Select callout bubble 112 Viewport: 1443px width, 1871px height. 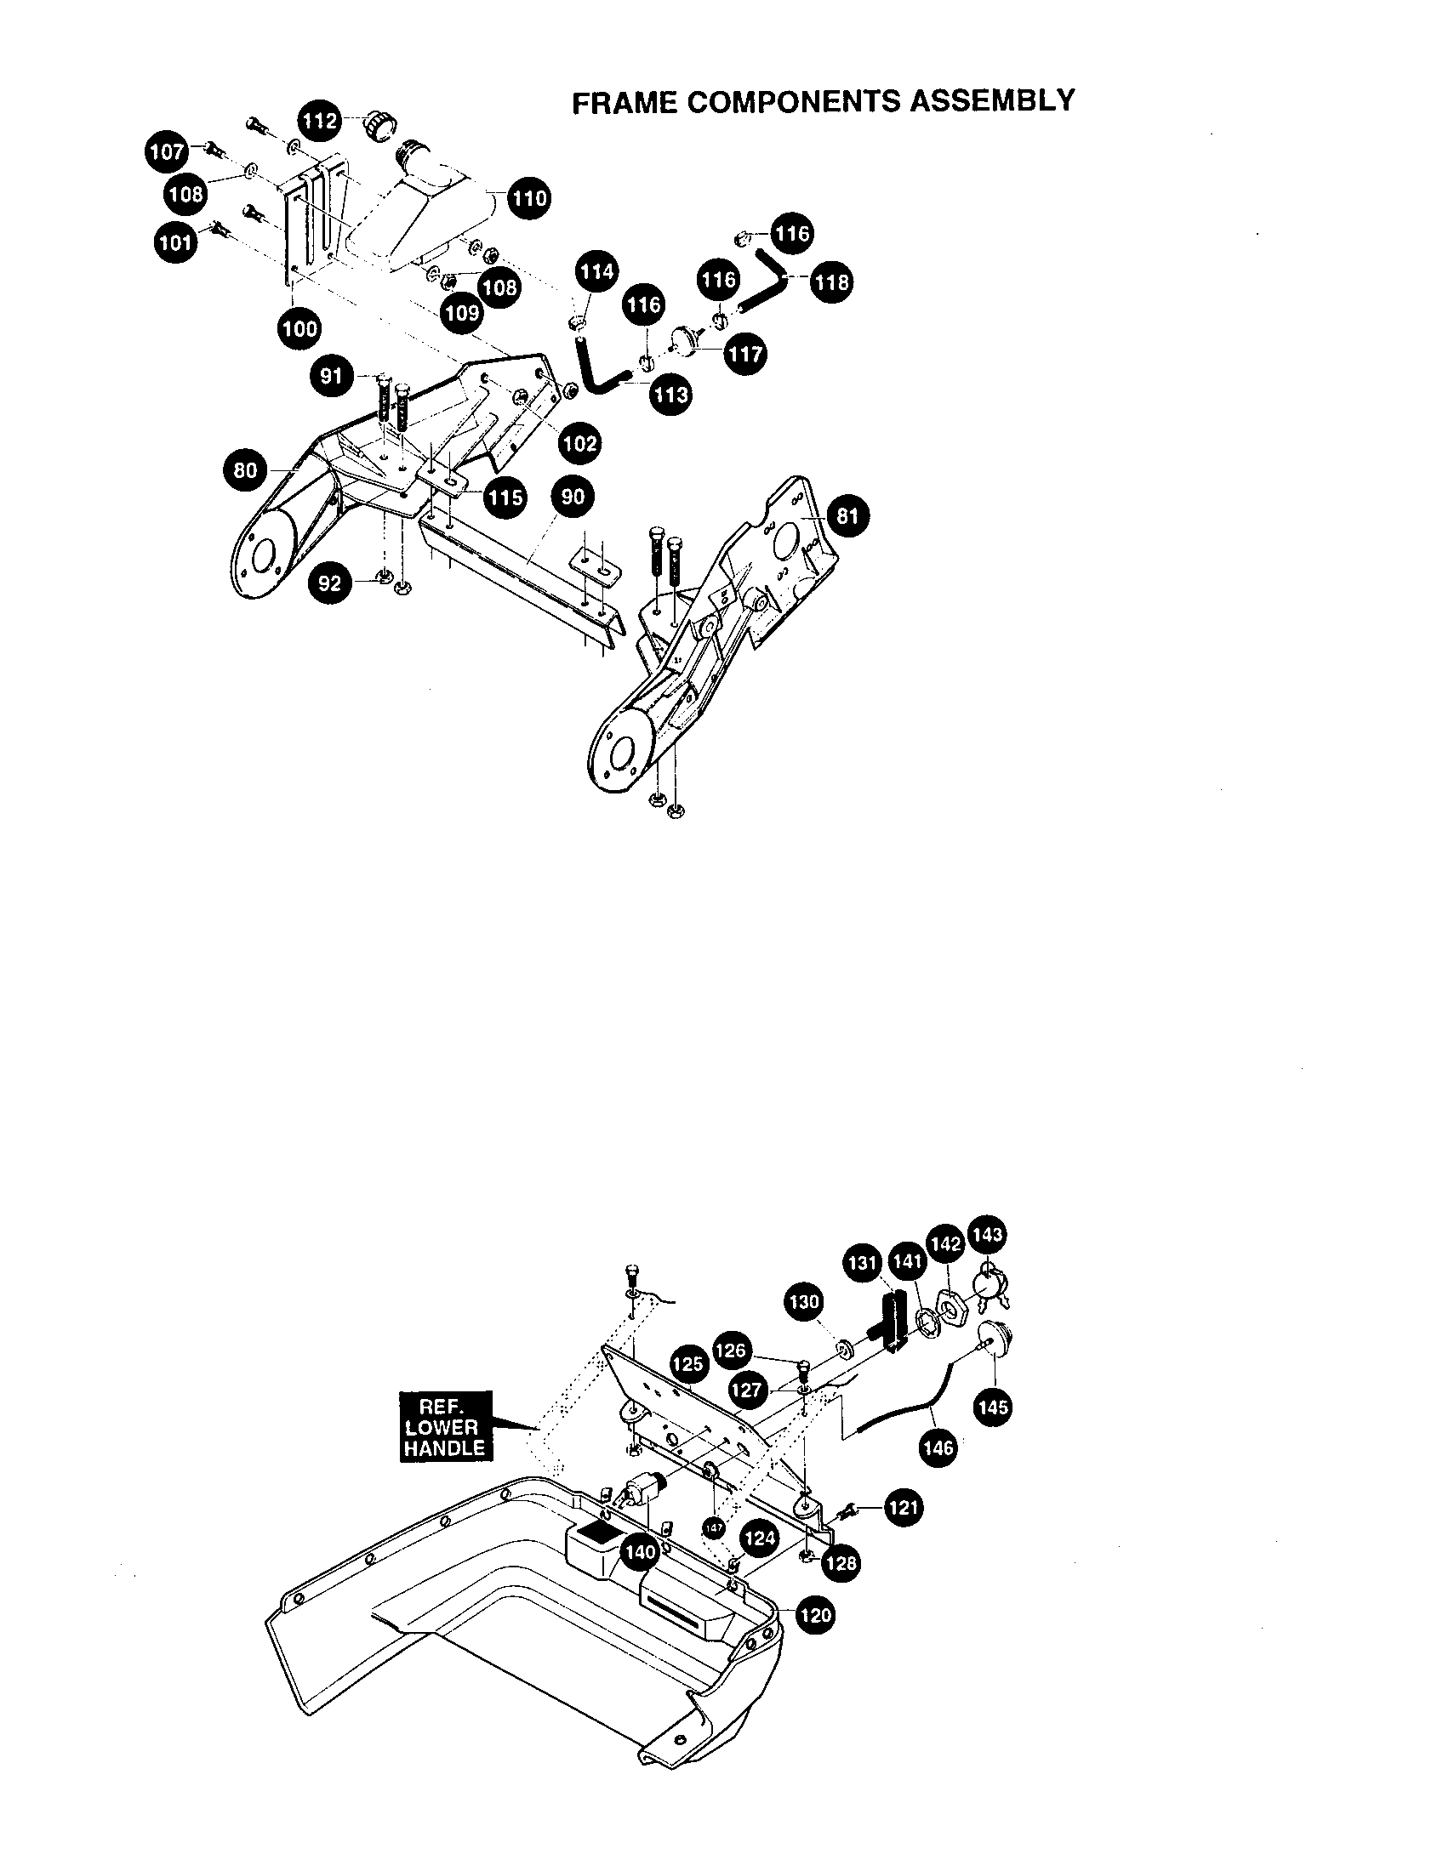pos(320,121)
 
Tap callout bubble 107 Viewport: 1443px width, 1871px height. pos(166,151)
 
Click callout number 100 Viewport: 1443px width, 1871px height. pos(299,328)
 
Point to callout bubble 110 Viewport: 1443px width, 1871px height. pos(528,199)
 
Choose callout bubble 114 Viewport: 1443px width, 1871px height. pos(596,271)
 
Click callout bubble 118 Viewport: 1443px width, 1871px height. pos(831,282)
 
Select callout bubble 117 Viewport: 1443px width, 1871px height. pos(744,353)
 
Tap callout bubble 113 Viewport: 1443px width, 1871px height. pos(670,395)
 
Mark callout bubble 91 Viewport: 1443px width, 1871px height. pos(332,376)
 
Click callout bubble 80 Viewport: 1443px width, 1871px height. pos(245,470)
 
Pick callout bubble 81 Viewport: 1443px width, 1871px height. pos(847,515)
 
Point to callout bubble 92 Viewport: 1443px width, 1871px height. pos(330,583)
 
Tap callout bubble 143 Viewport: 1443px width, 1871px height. pos(988,1235)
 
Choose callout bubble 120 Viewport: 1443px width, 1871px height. pos(814,1615)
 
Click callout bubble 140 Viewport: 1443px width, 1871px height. pos(641,1551)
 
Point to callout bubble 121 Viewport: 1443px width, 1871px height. pos(904,1507)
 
